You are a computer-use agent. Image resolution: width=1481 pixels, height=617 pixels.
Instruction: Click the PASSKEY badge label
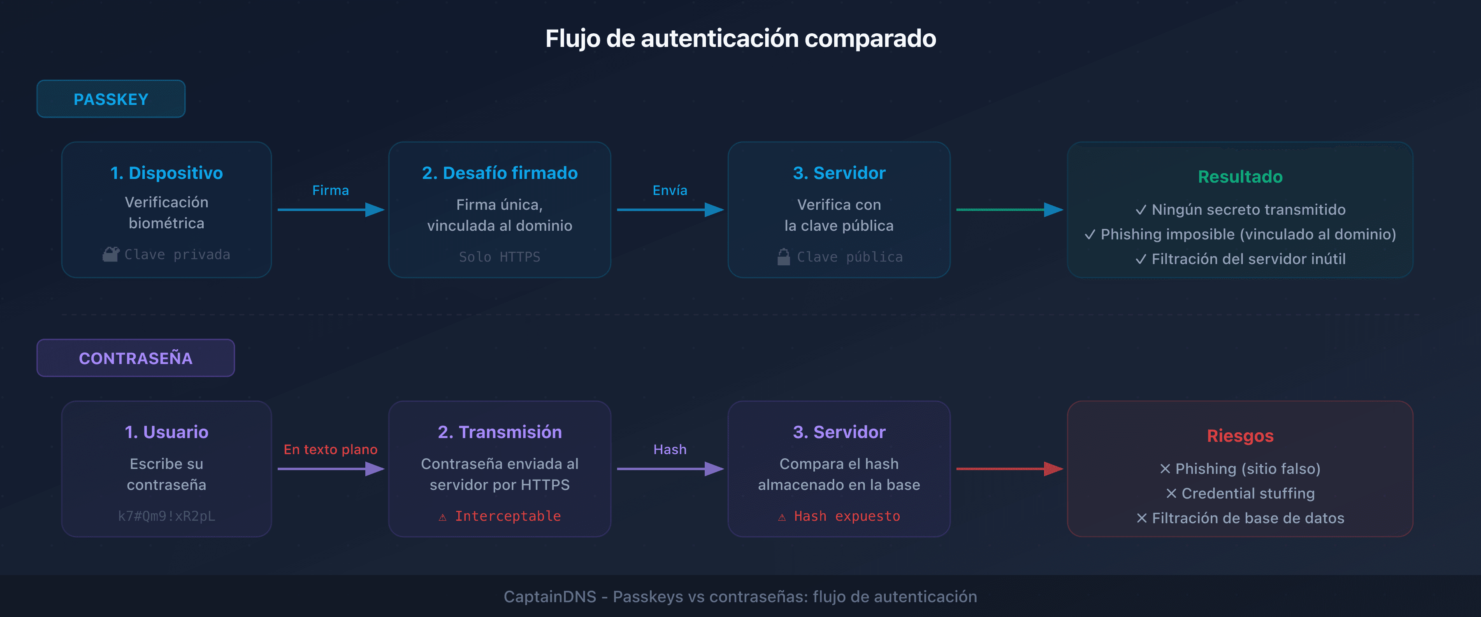(x=111, y=100)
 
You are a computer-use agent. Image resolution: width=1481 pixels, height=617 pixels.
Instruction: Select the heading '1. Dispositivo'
(x=166, y=173)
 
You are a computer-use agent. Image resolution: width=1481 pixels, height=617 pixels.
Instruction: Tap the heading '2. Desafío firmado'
(x=499, y=173)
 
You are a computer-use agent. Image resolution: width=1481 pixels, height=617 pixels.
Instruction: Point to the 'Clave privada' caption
(x=176, y=255)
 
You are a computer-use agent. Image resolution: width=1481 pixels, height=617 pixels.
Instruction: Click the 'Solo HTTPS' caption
(x=499, y=257)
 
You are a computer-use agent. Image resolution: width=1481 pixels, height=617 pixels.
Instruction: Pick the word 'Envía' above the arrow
(x=669, y=190)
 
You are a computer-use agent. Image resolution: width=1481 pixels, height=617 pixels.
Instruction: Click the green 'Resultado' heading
(x=1240, y=176)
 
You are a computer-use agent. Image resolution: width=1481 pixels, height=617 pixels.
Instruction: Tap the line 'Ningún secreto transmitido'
(x=1248, y=210)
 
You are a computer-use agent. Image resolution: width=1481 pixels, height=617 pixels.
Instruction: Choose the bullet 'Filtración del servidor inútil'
(x=1248, y=259)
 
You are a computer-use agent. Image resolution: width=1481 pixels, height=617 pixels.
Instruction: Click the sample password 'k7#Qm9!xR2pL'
(x=166, y=516)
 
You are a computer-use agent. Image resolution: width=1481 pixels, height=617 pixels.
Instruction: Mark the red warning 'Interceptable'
(x=507, y=516)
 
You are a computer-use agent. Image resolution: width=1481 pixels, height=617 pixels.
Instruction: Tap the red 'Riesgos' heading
(x=1240, y=436)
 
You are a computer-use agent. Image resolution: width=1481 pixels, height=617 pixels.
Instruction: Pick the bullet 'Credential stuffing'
(x=1248, y=493)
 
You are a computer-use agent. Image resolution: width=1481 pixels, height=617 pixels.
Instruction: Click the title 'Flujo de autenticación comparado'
(x=740, y=39)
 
